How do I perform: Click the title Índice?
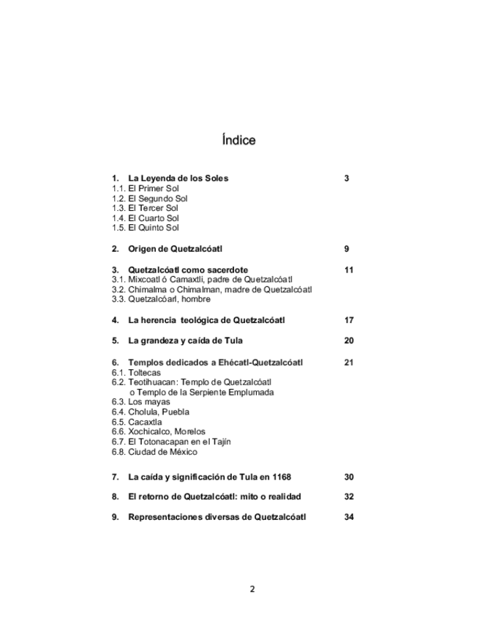238,140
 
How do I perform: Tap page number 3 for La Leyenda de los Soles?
346,178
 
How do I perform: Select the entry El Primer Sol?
153,188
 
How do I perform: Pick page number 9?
346,249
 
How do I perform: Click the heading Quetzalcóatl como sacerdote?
187,269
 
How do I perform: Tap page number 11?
348,269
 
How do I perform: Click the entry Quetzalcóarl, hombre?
169,299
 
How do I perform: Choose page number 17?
348,320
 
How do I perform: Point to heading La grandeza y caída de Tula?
185,341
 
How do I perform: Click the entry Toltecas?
144,372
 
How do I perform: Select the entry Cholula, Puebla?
158,412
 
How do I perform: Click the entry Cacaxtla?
145,422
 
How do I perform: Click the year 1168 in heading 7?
282,477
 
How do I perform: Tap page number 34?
348,517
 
